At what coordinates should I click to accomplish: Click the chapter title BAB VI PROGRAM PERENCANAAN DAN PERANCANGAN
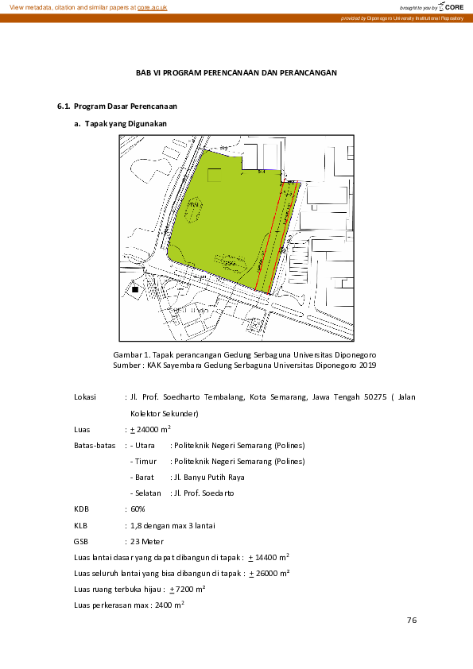point(237,73)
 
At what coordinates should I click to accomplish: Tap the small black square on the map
point(135,290)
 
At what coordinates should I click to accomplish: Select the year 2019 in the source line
point(367,365)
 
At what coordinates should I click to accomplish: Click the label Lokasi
point(84,396)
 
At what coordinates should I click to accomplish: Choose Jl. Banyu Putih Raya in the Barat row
point(207,478)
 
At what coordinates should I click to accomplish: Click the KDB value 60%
point(138,509)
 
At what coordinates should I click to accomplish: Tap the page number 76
point(411,621)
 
